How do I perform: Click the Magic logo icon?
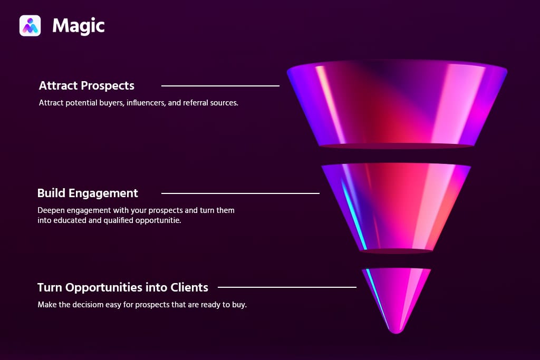[30, 25]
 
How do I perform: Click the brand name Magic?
[79, 25]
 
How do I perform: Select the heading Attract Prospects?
[86, 85]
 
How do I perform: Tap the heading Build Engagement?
[88, 193]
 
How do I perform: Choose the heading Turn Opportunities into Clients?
[123, 287]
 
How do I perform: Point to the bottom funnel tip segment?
[397, 298]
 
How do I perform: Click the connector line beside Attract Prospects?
[220, 85]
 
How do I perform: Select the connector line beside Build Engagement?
[240, 193]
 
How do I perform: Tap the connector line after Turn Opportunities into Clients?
[287, 287]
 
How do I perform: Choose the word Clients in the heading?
[189, 287]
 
